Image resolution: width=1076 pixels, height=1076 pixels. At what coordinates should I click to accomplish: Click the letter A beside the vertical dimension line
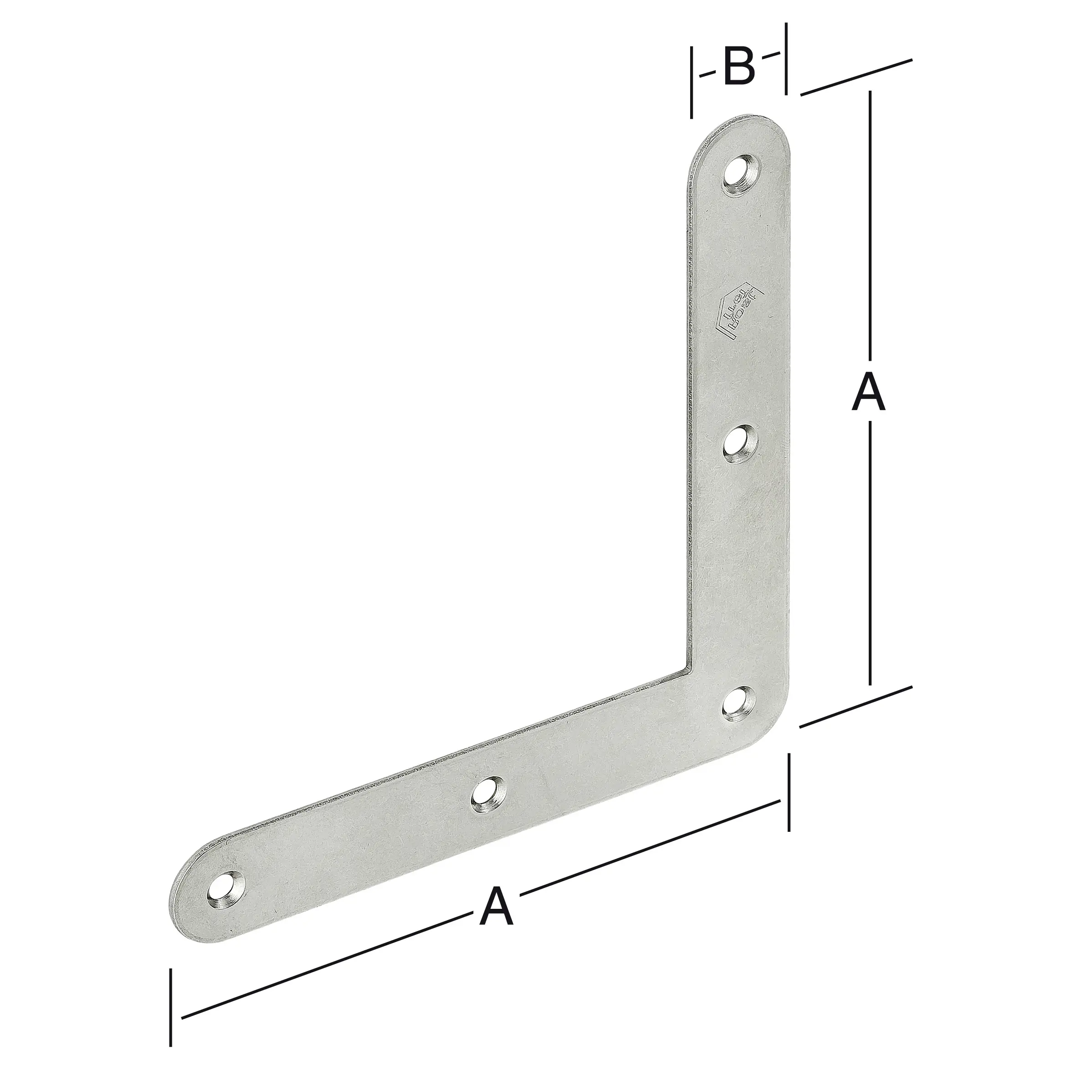click(x=868, y=393)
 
